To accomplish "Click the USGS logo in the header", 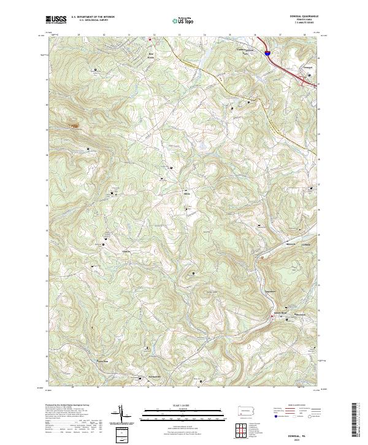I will [56, 19].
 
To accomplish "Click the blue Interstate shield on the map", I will [268, 53].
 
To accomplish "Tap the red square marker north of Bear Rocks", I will [149, 39].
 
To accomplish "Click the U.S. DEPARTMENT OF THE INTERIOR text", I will [93, 17].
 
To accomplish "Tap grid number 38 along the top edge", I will [305, 35].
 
